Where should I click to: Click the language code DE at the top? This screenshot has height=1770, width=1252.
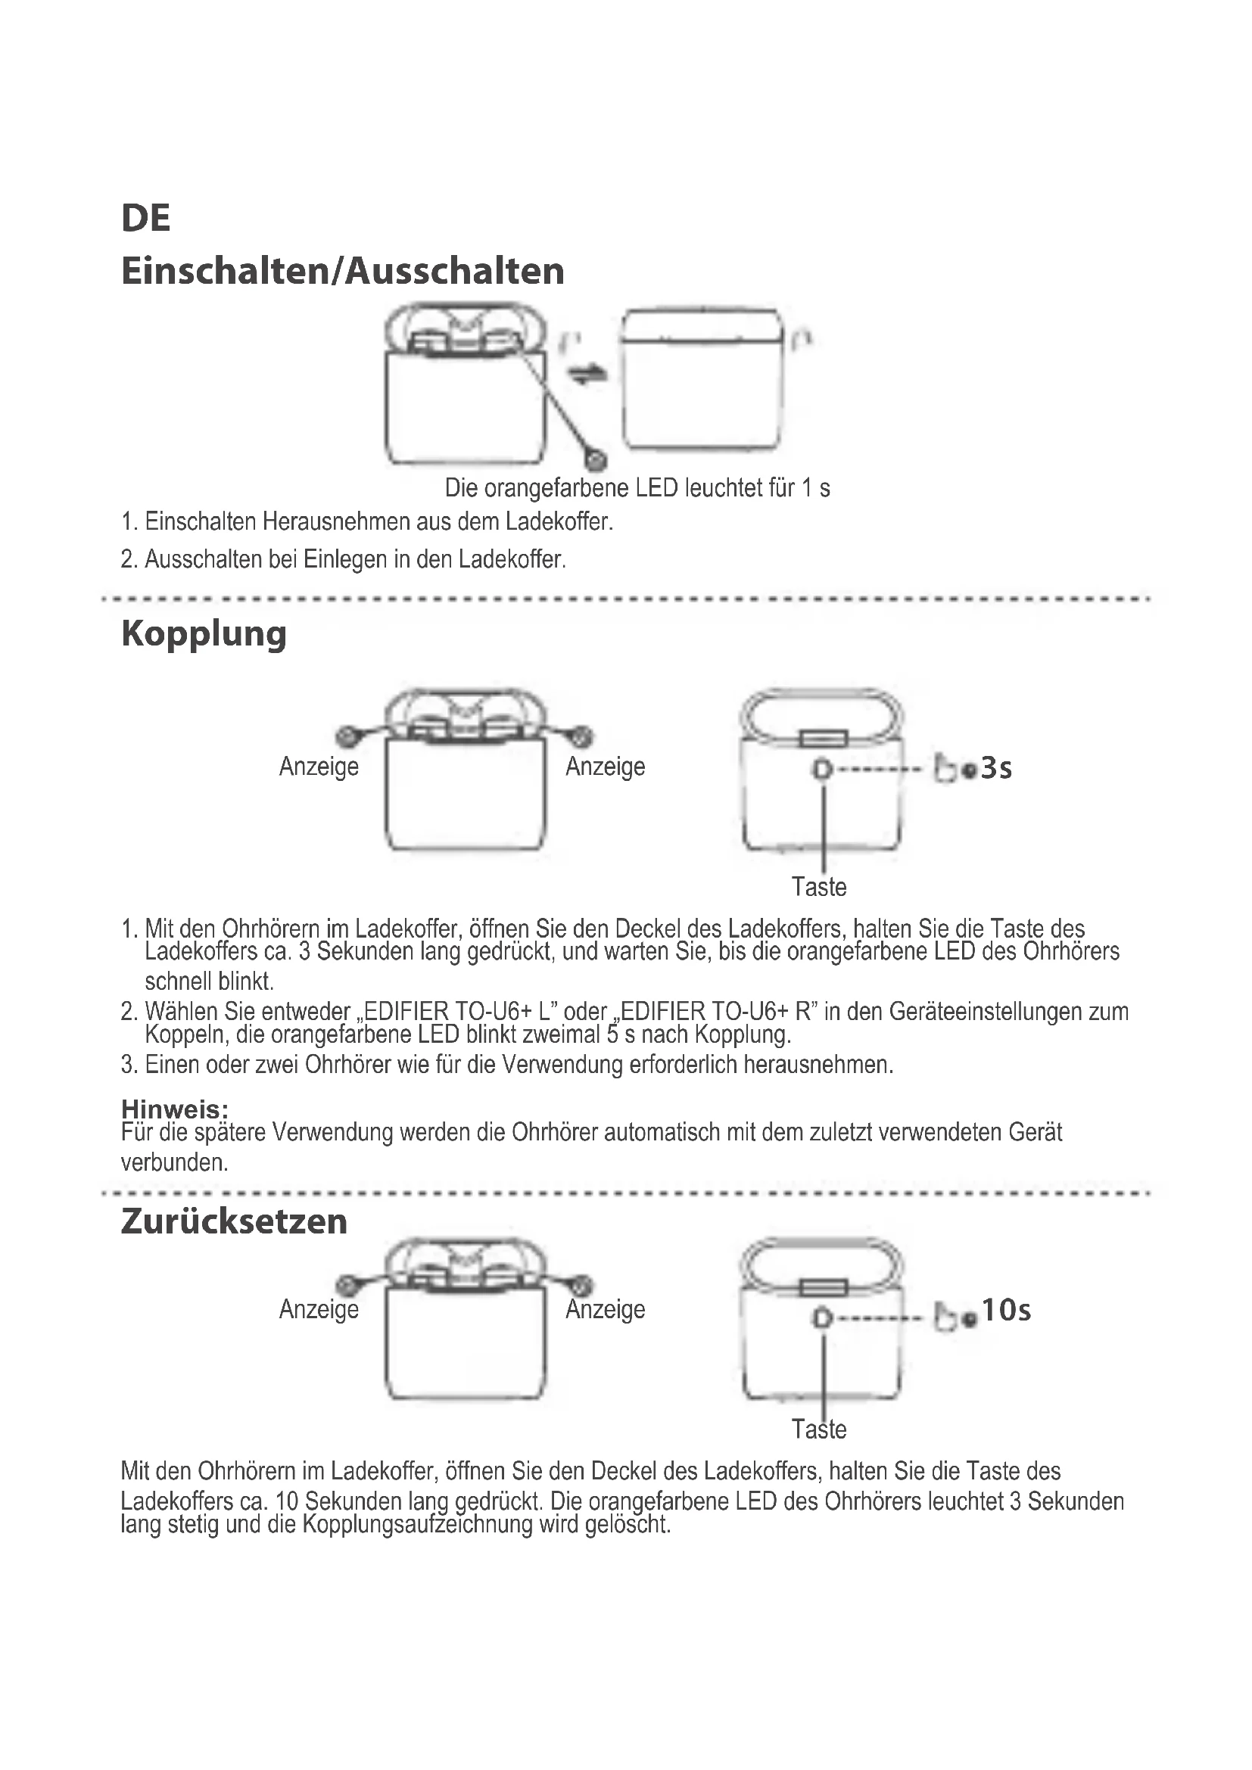click(x=145, y=218)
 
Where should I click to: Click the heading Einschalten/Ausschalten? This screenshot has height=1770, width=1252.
click(x=342, y=272)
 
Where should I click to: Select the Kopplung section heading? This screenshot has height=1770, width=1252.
click(x=204, y=634)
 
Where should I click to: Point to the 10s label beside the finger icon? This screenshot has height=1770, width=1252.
click(x=1005, y=1310)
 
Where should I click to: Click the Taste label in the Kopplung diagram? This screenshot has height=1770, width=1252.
click(x=819, y=888)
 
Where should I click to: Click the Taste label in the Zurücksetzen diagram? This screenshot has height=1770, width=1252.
click(x=819, y=1430)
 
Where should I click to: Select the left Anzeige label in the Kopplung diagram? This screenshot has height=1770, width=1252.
click(x=319, y=767)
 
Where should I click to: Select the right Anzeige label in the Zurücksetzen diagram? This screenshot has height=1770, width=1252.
click(x=606, y=1309)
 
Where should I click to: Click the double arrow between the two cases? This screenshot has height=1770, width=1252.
click(x=587, y=375)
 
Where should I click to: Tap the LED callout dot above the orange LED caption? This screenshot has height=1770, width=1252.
click(x=596, y=460)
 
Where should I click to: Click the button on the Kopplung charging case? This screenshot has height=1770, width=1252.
click(x=823, y=769)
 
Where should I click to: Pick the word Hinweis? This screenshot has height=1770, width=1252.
click(x=174, y=1109)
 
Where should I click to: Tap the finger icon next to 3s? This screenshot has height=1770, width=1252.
click(x=945, y=769)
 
